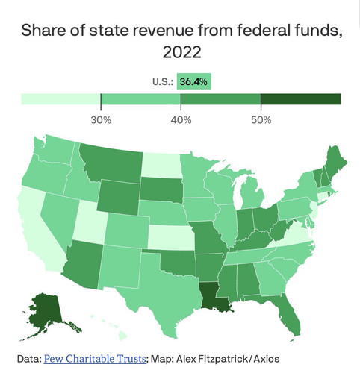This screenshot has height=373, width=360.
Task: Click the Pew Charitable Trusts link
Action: pos(95,359)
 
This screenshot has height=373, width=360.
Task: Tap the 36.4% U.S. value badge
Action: pos(194,81)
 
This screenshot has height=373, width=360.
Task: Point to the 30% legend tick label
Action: pos(101,120)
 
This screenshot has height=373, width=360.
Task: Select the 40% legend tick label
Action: pos(181,120)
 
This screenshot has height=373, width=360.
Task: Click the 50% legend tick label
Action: pos(261,120)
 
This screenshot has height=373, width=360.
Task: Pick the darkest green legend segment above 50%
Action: pos(301,99)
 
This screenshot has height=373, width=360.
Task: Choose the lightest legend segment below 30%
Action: pos(61,99)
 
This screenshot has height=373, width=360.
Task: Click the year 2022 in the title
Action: pos(181,52)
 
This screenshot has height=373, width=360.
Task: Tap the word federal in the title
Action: pos(263,30)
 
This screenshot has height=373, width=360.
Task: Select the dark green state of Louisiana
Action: pos(214,296)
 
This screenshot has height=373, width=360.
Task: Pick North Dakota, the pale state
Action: pos(161,165)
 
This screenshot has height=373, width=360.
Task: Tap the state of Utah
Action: pos(90,222)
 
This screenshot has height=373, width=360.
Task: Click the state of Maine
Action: pos(335,162)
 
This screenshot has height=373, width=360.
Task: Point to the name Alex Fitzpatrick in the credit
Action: pos(212,359)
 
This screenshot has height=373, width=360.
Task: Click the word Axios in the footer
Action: pos(267,359)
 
